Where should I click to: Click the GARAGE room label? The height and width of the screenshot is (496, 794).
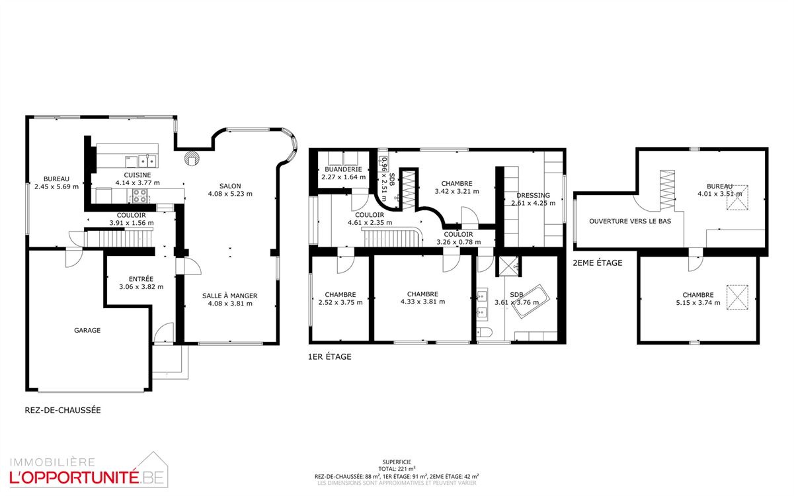[87, 331]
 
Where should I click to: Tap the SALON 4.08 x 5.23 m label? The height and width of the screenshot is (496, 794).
[230, 190]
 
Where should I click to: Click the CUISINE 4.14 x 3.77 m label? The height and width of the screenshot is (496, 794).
[138, 179]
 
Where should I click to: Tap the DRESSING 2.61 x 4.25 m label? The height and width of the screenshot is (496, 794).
[533, 199]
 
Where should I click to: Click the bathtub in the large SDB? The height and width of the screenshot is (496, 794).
[531, 301]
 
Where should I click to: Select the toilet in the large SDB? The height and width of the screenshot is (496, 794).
[485, 333]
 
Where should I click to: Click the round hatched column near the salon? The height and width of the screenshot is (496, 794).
[192, 158]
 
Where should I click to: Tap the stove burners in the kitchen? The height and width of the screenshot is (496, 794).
[140, 196]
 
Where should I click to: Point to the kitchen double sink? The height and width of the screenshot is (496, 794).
[147, 161]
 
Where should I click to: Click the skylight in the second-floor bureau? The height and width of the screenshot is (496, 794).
[738, 198]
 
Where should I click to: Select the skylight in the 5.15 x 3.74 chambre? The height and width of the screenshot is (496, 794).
[737, 297]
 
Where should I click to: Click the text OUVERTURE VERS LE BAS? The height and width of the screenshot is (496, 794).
[630, 222]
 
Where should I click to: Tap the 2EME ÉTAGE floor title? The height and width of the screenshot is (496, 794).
[598, 263]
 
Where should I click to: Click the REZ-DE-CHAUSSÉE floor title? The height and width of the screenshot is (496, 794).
[63, 410]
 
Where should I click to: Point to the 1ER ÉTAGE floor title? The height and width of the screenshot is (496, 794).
[330, 357]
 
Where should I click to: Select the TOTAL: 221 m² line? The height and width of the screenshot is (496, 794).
[397, 469]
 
